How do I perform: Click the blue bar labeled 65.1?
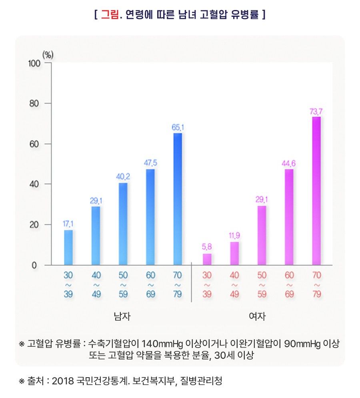click(x=178, y=199)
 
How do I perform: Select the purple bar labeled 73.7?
click(x=316, y=191)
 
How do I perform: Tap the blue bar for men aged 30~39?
click(x=68, y=247)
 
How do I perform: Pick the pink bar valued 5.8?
click(x=207, y=259)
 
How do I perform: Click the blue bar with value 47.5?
click(x=150, y=217)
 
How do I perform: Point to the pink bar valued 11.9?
click(x=234, y=253)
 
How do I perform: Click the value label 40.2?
click(x=123, y=177)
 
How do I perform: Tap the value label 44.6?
click(x=289, y=163)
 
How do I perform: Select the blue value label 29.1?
click(x=96, y=200)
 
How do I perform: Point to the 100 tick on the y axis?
click(x=34, y=63)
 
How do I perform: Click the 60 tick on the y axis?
click(x=36, y=144)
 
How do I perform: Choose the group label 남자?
click(x=122, y=317)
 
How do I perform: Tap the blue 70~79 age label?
click(x=178, y=284)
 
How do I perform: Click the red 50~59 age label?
click(x=262, y=284)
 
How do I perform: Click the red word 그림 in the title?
click(x=109, y=15)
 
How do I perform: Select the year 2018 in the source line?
click(x=63, y=380)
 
